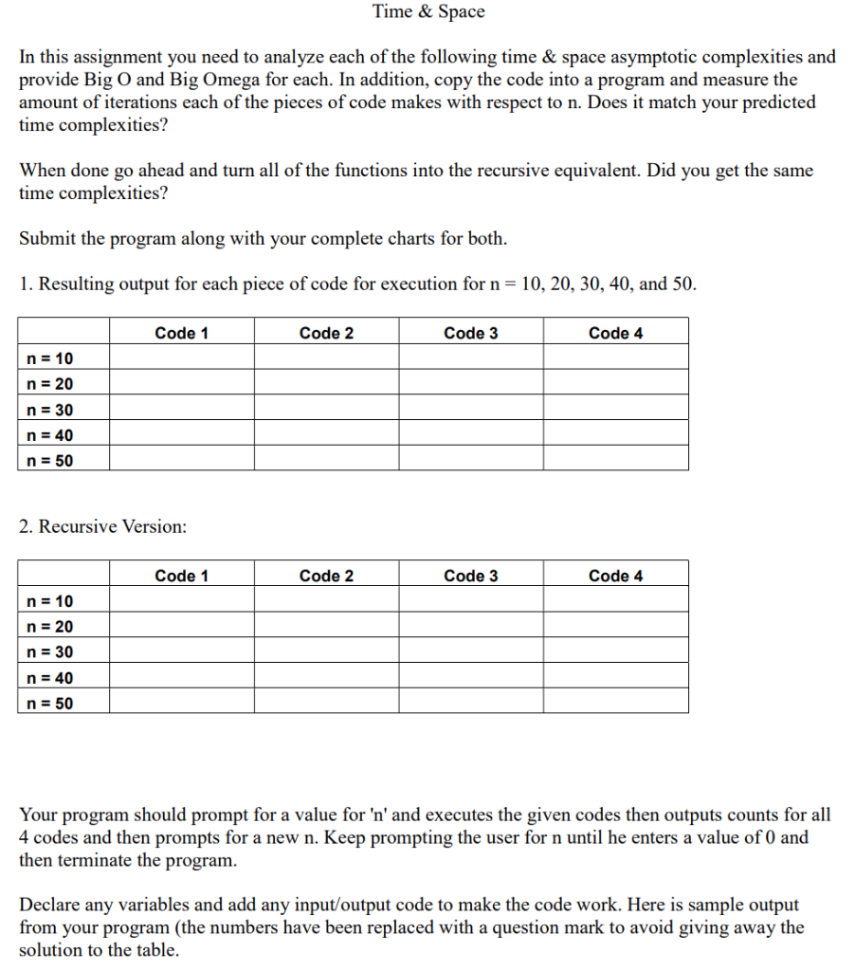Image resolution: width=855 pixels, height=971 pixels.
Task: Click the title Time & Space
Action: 427,12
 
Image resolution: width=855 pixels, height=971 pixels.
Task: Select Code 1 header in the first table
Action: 181,333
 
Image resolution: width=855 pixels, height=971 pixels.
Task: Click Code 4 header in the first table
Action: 615,333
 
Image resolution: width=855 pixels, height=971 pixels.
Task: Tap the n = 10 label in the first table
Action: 50,358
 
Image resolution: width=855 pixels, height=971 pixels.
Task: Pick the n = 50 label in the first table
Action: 50,461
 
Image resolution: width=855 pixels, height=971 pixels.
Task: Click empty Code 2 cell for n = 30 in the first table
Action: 326,410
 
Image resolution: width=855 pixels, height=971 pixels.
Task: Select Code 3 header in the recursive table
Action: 470,576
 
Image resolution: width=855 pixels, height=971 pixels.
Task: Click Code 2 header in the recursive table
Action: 326,576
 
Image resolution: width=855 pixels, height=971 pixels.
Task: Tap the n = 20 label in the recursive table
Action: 50,627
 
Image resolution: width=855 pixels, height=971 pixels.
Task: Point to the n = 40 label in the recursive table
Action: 50,678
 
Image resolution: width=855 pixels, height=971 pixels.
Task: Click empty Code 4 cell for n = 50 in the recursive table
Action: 615,704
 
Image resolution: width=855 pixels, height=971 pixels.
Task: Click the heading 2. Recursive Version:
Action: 102,526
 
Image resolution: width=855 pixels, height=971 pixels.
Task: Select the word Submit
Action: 47,238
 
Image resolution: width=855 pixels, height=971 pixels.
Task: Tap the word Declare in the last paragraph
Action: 49,904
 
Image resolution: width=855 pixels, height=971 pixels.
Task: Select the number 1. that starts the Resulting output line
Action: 27,284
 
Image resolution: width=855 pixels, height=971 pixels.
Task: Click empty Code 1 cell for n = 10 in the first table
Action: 181,358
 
